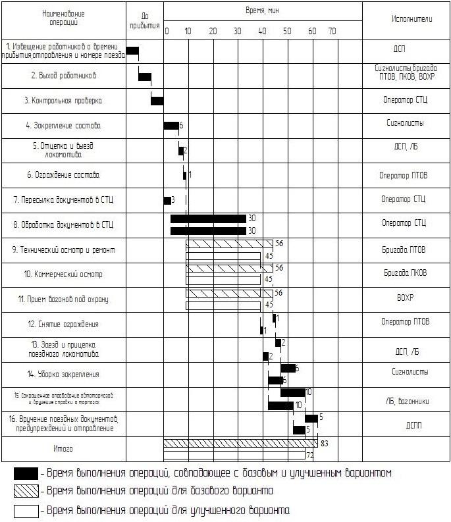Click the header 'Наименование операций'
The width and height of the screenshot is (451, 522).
[63, 18]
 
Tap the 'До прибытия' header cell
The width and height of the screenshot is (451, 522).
[145, 19]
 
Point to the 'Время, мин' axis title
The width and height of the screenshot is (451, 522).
[262, 12]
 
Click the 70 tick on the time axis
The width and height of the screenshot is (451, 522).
[332, 31]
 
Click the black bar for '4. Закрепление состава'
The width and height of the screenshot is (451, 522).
[171, 126]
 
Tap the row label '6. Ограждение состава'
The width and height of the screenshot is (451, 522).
[63, 175]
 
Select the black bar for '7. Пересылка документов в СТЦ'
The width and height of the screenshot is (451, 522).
[167, 200]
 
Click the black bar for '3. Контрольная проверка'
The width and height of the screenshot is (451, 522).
[157, 100]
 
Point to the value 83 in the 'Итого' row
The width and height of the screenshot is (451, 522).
[325, 444]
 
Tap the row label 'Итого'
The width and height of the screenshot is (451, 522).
[63, 449]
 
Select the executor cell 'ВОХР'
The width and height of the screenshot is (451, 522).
[405, 298]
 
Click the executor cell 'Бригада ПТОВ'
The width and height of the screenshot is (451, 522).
[405, 249]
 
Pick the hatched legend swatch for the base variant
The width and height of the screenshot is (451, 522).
[26, 491]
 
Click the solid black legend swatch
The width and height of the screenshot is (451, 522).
[26, 473]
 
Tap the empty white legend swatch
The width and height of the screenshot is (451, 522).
[26, 510]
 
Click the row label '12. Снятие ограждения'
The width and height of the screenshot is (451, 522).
[63, 325]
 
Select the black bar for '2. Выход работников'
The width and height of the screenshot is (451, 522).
[145, 76]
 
